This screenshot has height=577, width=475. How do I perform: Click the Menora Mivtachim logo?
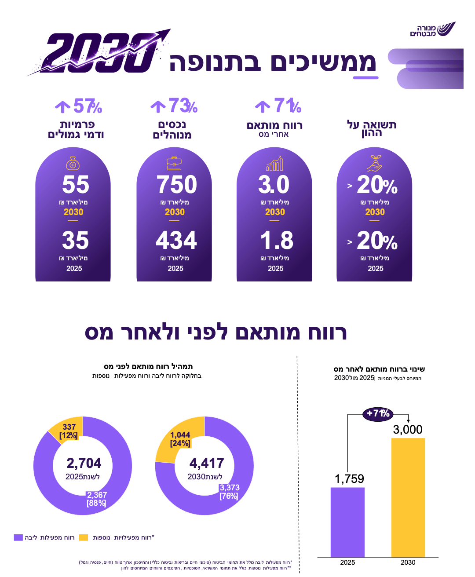point(433,29)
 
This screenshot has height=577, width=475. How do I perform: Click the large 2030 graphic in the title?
point(99,52)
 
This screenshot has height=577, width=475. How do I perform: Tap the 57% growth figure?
point(79,106)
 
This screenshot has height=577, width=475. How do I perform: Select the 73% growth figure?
point(174,106)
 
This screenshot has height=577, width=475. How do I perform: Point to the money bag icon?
point(73,163)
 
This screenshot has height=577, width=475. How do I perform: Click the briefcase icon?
point(174,163)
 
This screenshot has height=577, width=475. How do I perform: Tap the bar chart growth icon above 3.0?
point(274,163)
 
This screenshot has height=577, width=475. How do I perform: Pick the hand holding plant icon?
point(374,163)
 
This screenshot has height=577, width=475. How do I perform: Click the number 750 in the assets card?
point(176,184)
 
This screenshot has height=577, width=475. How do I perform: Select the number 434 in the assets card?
point(176,240)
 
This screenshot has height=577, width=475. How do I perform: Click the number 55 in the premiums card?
point(76,184)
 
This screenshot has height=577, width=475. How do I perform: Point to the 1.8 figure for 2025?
point(277,240)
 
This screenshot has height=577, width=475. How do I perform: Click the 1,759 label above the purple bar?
point(349,479)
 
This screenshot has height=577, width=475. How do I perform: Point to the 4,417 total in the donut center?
point(207,463)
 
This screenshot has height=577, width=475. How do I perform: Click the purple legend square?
point(18,537)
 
